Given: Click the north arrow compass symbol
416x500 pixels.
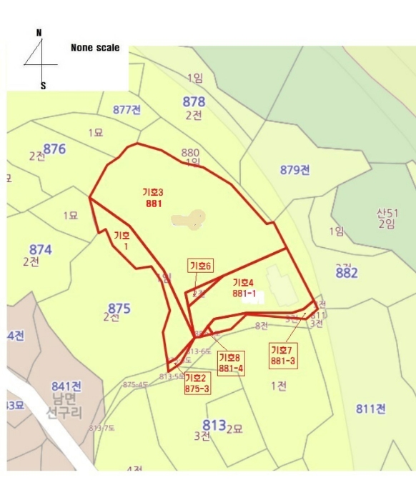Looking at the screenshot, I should click(x=41, y=59).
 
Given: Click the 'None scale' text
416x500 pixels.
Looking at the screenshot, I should click(x=95, y=48).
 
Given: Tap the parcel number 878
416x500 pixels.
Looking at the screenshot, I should click(x=194, y=101).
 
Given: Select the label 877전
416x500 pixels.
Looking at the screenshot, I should click(x=127, y=109).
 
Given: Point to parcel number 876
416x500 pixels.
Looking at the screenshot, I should click(x=54, y=149).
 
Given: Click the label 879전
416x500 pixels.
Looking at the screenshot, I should click(x=294, y=169).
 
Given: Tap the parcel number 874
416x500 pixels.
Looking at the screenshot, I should click(x=40, y=250).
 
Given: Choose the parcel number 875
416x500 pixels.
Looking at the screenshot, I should click(x=119, y=309).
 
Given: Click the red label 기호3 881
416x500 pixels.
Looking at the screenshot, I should click(x=153, y=198).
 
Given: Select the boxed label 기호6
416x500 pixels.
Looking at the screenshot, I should click(x=201, y=266).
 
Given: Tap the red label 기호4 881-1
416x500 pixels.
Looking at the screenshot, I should click(x=244, y=288).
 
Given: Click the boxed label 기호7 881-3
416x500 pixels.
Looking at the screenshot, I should click(x=282, y=356).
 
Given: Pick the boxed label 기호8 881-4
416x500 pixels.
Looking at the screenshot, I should click(x=231, y=363).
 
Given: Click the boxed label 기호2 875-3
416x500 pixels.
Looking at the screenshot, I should click(x=197, y=383).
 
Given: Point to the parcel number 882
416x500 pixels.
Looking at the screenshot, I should click(x=346, y=272).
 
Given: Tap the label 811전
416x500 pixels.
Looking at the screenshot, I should click(x=371, y=409).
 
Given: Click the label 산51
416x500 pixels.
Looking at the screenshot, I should click(x=387, y=213).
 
